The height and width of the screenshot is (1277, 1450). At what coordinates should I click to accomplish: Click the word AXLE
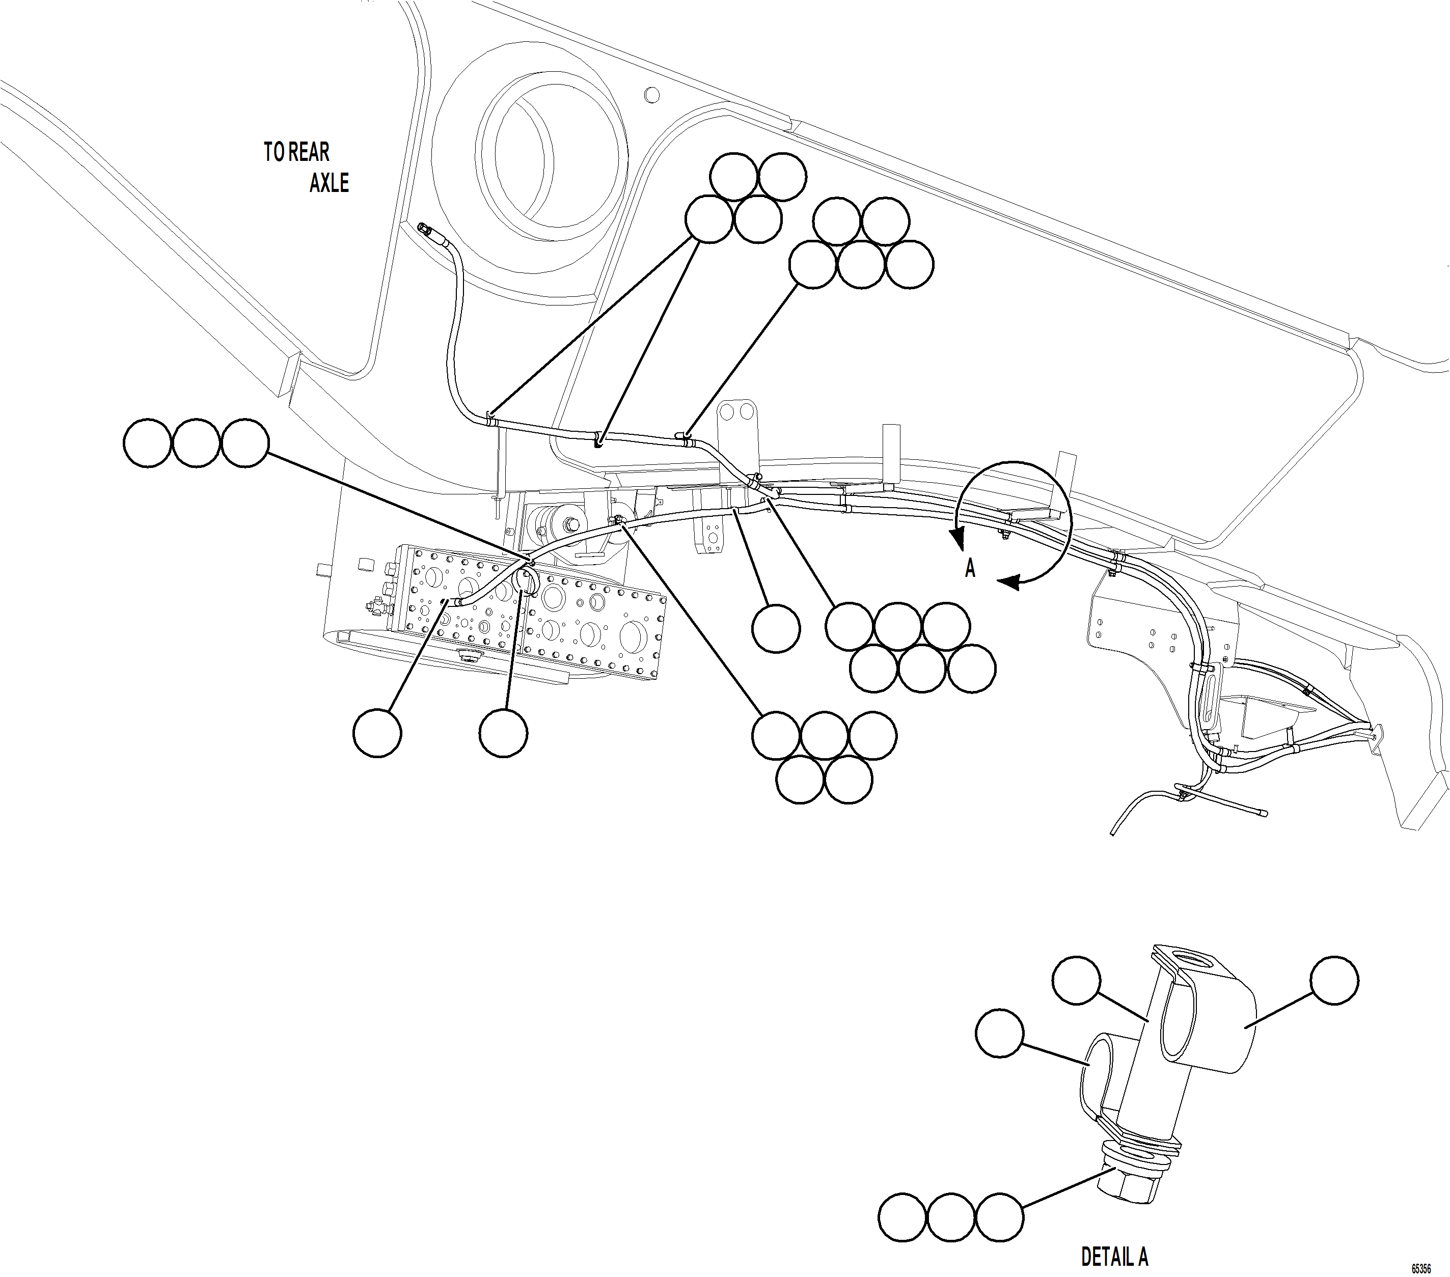pos(329,183)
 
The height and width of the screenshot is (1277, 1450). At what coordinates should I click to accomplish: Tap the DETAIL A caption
pos(1114,1257)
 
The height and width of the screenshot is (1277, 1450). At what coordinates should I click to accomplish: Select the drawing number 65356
pos(1421,1269)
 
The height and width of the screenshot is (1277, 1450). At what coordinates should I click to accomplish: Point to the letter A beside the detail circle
pos(970,568)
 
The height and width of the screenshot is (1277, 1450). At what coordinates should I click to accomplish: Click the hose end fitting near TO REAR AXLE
pos(426,231)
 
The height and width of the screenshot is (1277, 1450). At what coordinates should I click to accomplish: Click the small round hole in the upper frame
pos(652,95)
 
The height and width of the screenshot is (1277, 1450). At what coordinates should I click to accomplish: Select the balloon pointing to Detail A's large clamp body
pos(1334,980)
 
